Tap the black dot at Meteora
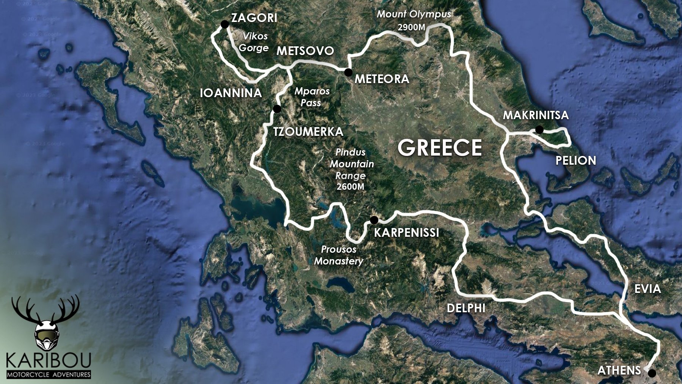pyautogui.click(x=348, y=72)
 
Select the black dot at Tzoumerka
pyautogui.click(x=277, y=109)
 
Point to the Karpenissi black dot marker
pyautogui.click(x=374, y=220)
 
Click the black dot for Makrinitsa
pyautogui.click(x=539, y=130)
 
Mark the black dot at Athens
pyautogui.click(x=652, y=373)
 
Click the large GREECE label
pyautogui.click(x=440, y=148)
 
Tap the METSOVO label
pyautogui.click(x=305, y=51)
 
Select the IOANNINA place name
pyautogui.click(x=231, y=93)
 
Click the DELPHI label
pyautogui.click(x=466, y=308)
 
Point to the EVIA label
pyautogui.click(x=648, y=289)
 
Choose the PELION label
pyautogui.click(x=575, y=161)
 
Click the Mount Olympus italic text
pyautogui.click(x=414, y=14)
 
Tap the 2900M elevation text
pyautogui.click(x=411, y=27)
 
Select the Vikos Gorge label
pyautogui.click(x=254, y=42)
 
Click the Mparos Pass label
pyautogui.click(x=312, y=97)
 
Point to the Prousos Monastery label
pyautogui.click(x=339, y=255)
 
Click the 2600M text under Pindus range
pyautogui.click(x=350, y=187)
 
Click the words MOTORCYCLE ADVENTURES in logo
pyautogui.click(x=49, y=375)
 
